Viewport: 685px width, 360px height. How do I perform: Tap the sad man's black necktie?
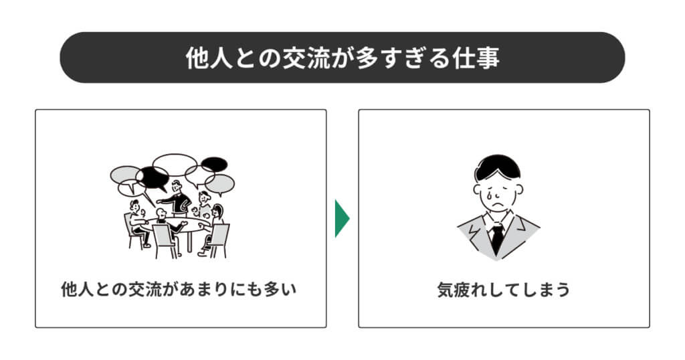point(497,238)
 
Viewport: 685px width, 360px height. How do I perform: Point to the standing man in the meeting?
point(177,198)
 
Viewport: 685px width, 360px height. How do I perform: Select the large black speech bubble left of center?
point(153,177)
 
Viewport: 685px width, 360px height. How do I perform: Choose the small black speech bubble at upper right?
point(214,164)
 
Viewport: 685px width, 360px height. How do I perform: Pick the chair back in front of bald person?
point(164,238)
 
